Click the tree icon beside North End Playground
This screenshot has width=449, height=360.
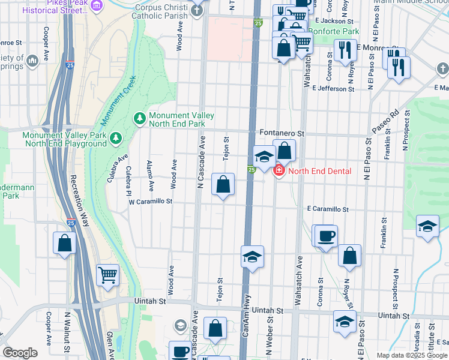[115, 139]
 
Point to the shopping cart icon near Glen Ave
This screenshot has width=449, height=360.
[108, 275]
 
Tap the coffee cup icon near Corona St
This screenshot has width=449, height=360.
[326, 235]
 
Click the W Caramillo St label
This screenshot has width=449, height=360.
[151, 202]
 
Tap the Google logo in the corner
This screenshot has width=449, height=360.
[20, 353]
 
